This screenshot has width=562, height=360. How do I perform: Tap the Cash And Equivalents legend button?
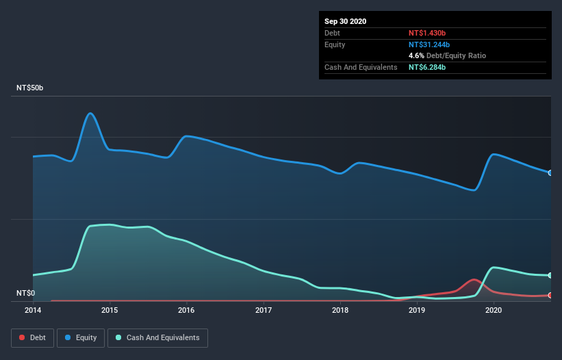click(157, 337)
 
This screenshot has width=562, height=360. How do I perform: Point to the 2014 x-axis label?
click(33, 310)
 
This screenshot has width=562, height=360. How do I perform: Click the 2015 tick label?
click(110, 310)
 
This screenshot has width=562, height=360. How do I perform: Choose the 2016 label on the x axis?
click(186, 310)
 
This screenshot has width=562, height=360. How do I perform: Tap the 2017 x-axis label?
click(264, 310)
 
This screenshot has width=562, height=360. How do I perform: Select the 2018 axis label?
click(340, 310)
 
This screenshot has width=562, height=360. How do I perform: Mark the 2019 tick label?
click(417, 310)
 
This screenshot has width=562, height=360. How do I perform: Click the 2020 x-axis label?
click(494, 310)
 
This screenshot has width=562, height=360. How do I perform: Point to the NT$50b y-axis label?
click(31, 88)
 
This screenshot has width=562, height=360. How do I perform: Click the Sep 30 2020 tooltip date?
click(346, 21)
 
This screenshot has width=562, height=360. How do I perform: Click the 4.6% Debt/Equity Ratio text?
click(447, 55)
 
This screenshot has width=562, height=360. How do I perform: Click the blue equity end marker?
click(550, 172)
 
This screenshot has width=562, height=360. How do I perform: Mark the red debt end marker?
click(550, 295)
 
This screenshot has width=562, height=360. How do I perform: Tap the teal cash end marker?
click(550, 275)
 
